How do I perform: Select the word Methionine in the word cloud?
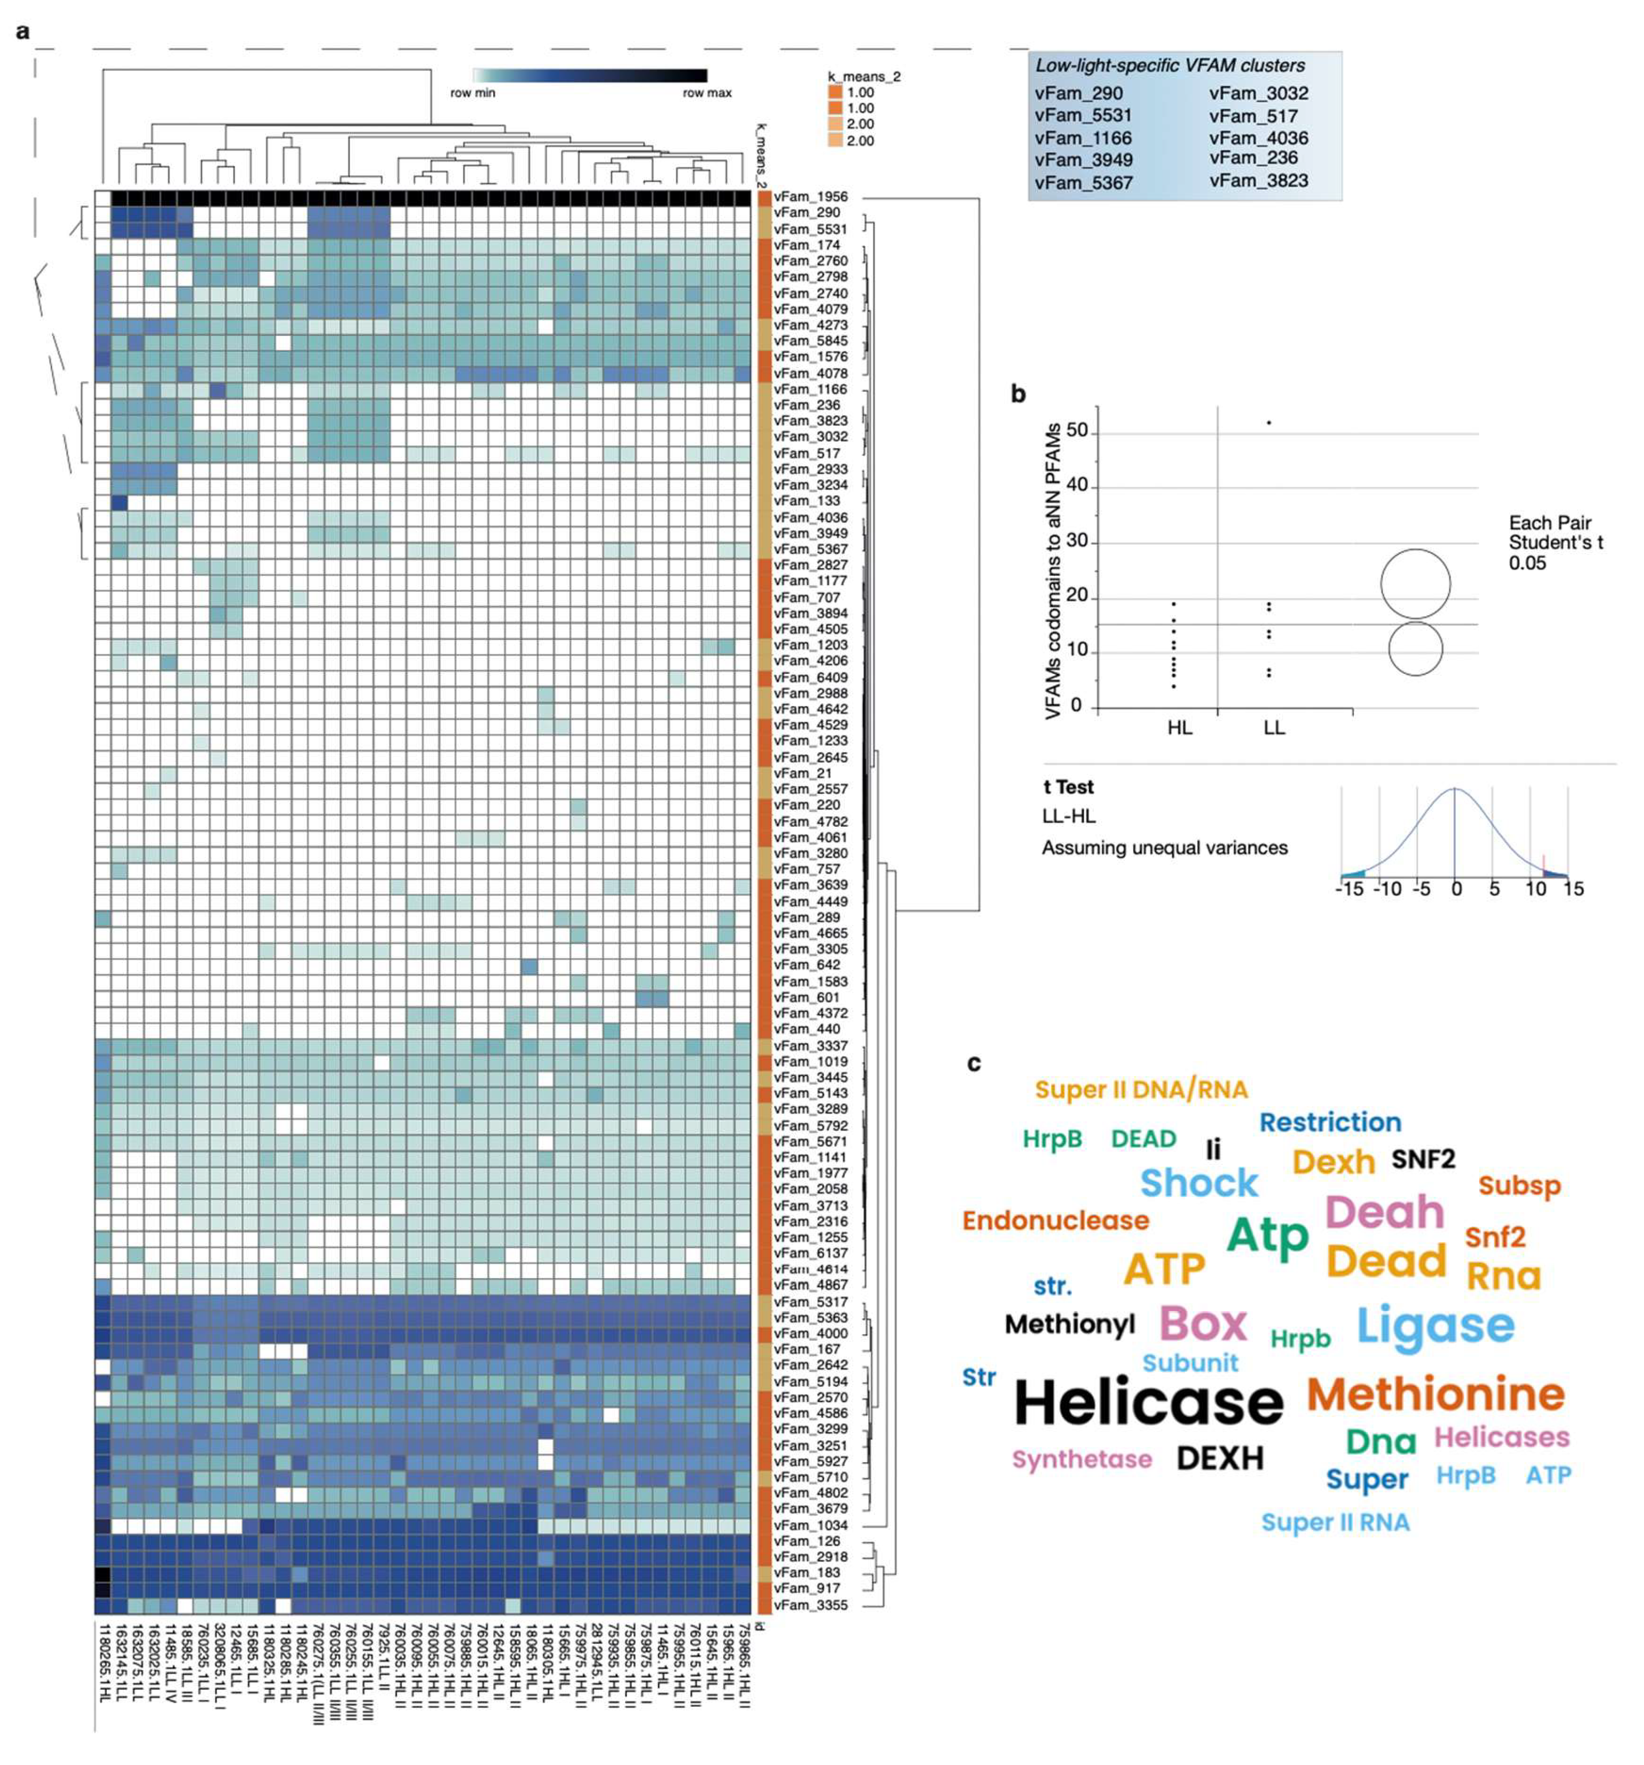click(1434, 1395)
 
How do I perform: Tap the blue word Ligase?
click(1434, 1326)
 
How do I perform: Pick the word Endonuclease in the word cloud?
click(1055, 1221)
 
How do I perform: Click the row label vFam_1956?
click(809, 197)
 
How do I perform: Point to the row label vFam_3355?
click(809, 1605)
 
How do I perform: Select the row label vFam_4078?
click(809, 374)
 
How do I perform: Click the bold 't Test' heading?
click(1068, 788)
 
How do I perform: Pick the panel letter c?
click(974, 1063)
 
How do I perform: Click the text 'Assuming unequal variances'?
click(1164, 848)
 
